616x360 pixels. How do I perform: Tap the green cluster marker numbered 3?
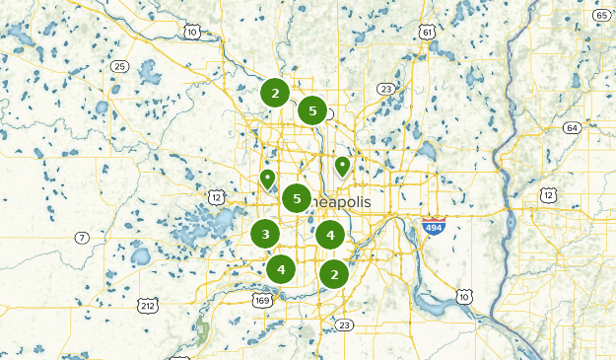265,234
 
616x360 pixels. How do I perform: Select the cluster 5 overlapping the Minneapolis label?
297,199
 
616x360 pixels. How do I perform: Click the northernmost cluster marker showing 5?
312,110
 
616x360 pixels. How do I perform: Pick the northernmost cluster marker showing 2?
276,94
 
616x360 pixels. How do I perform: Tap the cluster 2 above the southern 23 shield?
335,274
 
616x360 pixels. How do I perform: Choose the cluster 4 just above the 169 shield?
281,267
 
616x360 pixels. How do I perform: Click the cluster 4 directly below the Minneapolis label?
330,235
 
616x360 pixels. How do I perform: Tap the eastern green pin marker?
342,166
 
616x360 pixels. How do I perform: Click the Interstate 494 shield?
433,227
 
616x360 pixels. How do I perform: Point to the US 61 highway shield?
427,33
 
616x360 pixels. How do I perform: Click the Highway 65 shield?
601,15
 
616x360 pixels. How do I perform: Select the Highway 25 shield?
120,66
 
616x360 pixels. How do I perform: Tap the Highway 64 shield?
572,128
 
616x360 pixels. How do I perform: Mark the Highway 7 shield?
83,237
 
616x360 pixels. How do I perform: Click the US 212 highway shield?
147,306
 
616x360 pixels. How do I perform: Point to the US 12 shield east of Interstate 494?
548,195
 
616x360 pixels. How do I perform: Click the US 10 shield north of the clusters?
191,33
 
